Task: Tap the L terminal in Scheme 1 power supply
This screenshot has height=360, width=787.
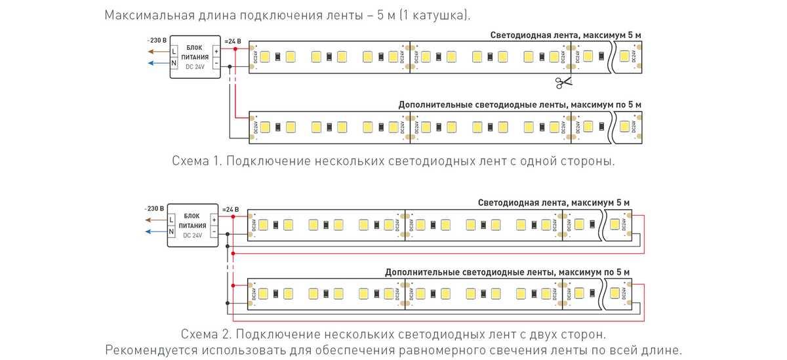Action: pyautogui.click(x=174, y=50)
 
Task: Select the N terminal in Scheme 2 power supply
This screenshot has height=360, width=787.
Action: pyautogui.click(x=171, y=231)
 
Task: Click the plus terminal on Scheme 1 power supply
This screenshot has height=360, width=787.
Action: pyautogui.click(x=216, y=50)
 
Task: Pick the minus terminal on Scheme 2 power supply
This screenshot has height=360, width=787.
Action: pyautogui.click(x=213, y=231)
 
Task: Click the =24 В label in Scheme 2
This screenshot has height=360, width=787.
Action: pyautogui.click(x=231, y=209)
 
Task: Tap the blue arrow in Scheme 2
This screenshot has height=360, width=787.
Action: pyautogui.click(x=156, y=231)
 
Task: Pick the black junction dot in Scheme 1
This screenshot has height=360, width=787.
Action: pyautogui.click(x=230, y=66)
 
